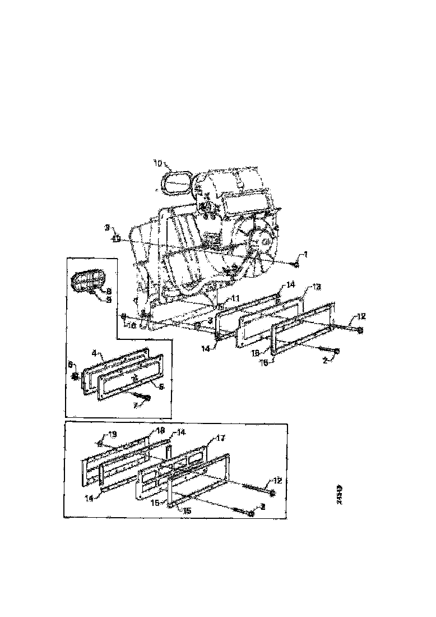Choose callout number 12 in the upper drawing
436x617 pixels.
click(x=361, y=317)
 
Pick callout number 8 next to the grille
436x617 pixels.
click(x=109, y=291)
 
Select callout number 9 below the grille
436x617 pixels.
click(x=109, y=300)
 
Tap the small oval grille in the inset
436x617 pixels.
click(x=87, y=280)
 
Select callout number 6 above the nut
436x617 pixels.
click(x=71, y=365)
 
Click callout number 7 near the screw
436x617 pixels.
click(x=134, y=404)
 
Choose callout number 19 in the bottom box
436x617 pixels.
click(x=112, y=434)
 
